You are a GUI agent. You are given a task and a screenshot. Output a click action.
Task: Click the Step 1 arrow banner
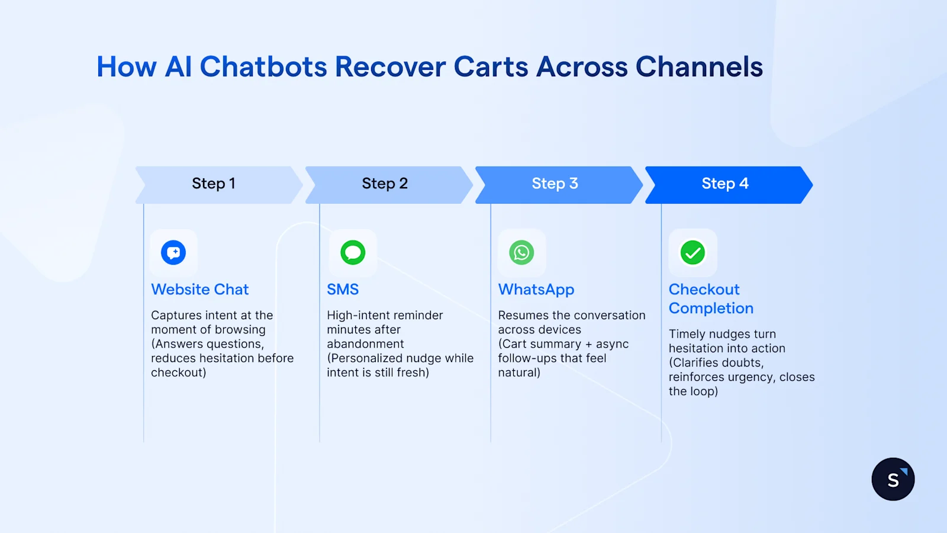tap(214, 184)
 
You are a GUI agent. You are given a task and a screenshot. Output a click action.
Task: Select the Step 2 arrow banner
tap(385, 184)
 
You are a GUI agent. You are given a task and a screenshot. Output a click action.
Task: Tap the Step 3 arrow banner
tap(555, 184)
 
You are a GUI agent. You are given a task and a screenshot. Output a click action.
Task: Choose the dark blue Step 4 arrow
tap(726, 184)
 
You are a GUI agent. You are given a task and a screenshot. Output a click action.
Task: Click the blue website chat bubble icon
tap(173, 253)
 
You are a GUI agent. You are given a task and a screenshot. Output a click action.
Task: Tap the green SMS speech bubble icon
tap(353, 253)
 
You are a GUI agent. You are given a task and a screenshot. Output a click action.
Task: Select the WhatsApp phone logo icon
tap(521, 253)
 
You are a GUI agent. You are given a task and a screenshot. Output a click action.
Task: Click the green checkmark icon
tap(692, 253)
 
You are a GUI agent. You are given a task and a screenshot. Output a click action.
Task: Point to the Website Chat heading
tap(199, 290)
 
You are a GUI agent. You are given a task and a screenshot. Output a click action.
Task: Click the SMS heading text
tap(343, 290)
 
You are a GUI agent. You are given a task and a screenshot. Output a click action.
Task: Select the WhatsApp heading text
tap(536, 290)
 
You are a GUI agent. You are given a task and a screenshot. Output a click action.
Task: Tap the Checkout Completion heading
tap(710, 299)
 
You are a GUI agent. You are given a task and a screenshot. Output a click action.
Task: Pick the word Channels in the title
tap(699, 67)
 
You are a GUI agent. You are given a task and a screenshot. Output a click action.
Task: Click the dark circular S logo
tap(893, 479)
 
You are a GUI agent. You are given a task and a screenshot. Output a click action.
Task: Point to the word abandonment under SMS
tap(365, 344)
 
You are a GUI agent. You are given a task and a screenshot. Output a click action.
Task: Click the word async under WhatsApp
tap(612, 344)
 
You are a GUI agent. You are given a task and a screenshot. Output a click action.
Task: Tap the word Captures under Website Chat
tap(173, 316)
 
